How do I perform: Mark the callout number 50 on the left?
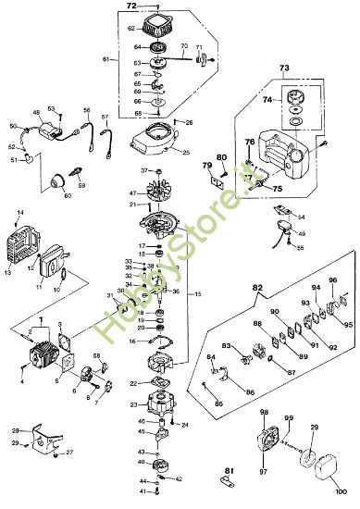pyautogui.click(x=13, y=126)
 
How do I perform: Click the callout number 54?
pyautogui.click(x=301, y=217)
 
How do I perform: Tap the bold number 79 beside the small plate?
pyautogui.click(x=206, y=167)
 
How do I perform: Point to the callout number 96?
pyautogui.click(x=333, y=281)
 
